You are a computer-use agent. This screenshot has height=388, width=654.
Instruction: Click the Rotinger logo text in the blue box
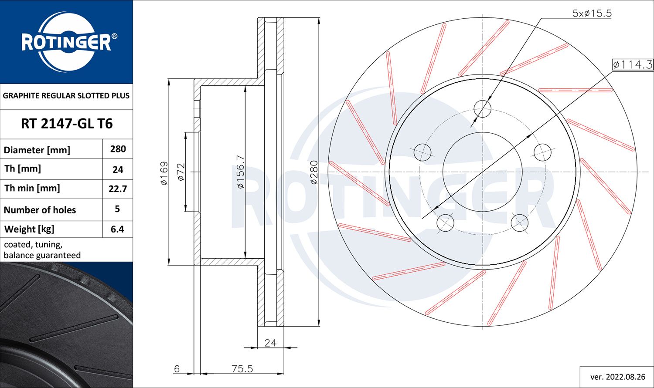(66, 43)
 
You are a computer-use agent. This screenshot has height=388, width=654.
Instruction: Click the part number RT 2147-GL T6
(66, 124)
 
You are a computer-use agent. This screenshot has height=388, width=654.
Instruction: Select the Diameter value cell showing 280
(118, 149)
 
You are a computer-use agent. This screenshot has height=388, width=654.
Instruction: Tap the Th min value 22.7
(118, 189)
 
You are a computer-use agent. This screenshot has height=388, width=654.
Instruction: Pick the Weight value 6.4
(118, 229)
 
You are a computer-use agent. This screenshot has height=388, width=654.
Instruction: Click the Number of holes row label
(40, 210)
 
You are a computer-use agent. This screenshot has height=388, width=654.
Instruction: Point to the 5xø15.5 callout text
(592, 13)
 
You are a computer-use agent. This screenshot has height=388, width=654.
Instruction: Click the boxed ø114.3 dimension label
(632, 65)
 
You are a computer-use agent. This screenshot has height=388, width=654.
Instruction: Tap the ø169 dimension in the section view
(164, 173)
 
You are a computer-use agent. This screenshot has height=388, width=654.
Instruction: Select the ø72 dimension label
(181, 172)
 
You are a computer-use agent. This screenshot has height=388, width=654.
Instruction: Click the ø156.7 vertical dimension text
(240, 172)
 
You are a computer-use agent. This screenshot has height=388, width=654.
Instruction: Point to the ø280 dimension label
(314, 172)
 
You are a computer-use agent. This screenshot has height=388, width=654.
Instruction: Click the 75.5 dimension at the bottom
(242, 369)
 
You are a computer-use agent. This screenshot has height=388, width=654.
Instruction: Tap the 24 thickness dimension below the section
(270, 343)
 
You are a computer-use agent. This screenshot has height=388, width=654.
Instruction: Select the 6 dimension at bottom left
(177, 369)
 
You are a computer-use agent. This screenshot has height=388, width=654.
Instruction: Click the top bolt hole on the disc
(482, 108)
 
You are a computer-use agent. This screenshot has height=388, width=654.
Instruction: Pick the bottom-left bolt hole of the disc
(445, 223)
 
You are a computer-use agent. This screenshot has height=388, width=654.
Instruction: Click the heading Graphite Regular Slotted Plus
(66, 95)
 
